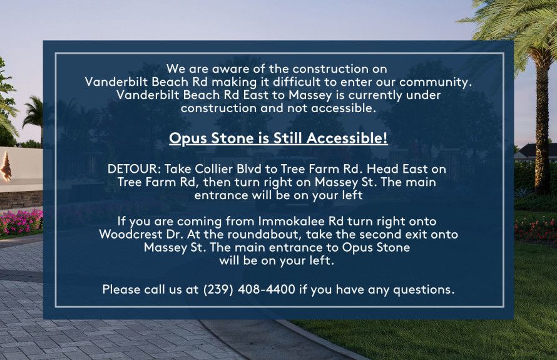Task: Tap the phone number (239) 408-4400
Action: tap(249, 289)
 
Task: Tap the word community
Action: tap(436, 82)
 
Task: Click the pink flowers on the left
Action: tap(21, 222)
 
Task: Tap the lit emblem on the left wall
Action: tap(6, 167)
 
